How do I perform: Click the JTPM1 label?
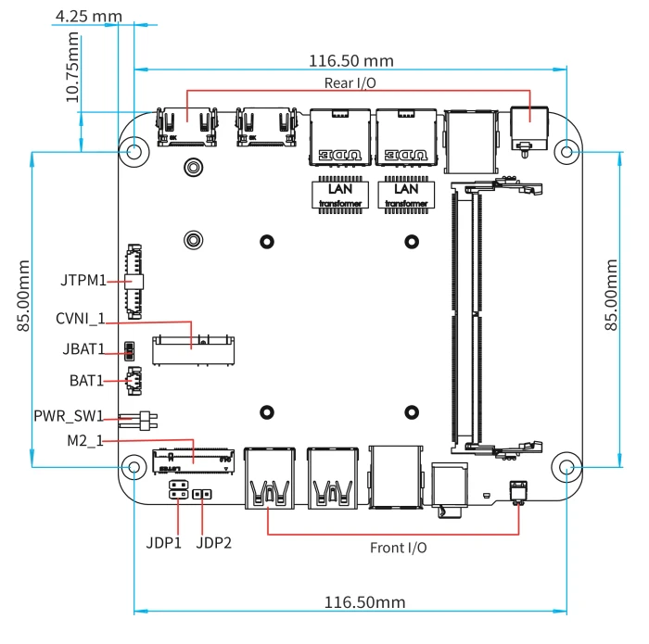coord(83,280)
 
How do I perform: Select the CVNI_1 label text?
coord(81,319)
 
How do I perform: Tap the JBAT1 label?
coord(83,349)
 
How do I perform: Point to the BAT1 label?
coord(86,381)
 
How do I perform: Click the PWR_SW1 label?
coord(69,416)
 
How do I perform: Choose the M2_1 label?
coord(85,440)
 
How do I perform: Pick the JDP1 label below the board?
coord(164,543)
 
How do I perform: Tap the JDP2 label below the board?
coord(213,543)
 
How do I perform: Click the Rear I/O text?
coord(350,83)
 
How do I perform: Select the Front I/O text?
coord(398,548)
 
